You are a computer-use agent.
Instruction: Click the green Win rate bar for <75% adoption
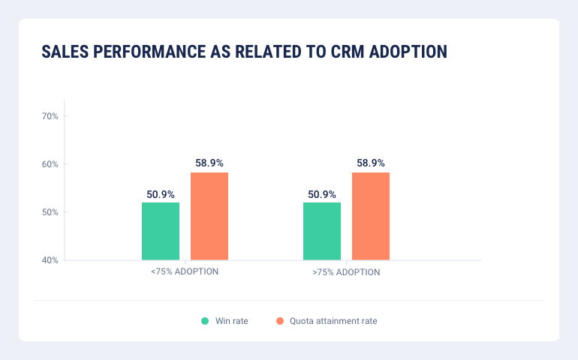[161, 231]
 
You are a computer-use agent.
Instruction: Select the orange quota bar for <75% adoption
[209, 216]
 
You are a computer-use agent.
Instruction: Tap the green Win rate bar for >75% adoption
[322, 231]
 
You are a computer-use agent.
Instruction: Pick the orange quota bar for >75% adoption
[371, 216]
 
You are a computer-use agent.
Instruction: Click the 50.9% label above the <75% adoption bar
[161, 194]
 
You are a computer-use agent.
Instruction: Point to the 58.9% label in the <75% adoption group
[209, 163]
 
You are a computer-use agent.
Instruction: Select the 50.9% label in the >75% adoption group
[322, 194]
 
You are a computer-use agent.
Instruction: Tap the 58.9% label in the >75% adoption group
[371, 163]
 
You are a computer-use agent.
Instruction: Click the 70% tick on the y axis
[50, 116]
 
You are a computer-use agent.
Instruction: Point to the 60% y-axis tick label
[50, 164]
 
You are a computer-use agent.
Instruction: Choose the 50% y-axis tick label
[50, 212]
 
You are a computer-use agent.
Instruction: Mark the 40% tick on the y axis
[50, 260]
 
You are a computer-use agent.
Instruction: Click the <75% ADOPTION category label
[185, 271]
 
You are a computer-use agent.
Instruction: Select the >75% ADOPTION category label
[346, 272]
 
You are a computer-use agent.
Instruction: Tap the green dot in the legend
[205, 321]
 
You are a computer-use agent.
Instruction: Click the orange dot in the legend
[280, 321]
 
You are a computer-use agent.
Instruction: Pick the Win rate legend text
[232, 321]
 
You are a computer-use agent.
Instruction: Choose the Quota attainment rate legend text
[333, 321]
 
